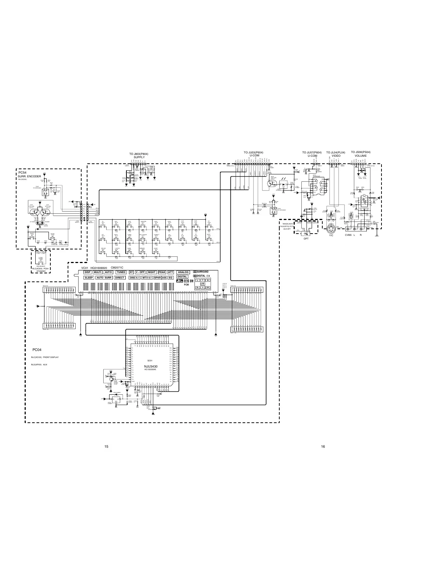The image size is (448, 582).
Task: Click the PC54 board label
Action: tap(22, 173)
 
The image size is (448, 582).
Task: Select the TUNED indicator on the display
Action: tap(121, 272)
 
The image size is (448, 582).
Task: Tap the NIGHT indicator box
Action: tap(152, 272)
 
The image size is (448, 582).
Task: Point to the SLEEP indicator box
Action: tap(89, 278)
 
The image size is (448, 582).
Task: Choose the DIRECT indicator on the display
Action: tap(120, 278)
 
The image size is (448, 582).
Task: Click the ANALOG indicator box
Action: tap(183, 272)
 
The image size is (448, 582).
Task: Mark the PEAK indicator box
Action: tap(162, 272)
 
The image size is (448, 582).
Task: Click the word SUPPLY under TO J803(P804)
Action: tap(139, 157)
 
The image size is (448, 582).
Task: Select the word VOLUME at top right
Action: tap(361, 156)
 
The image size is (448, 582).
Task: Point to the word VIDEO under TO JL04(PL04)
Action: tap(336, 156)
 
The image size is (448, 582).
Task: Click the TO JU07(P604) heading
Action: tap(312, 152)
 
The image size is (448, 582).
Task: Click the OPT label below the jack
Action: tap(306, 239)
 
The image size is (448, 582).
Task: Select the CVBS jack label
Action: tap(348, 235)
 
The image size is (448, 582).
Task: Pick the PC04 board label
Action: tap(37, 349)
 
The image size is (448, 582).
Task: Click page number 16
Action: tap(323, 446)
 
